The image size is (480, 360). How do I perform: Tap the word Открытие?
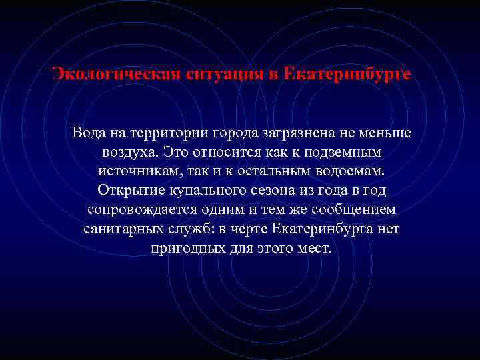(x=128, y=191)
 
